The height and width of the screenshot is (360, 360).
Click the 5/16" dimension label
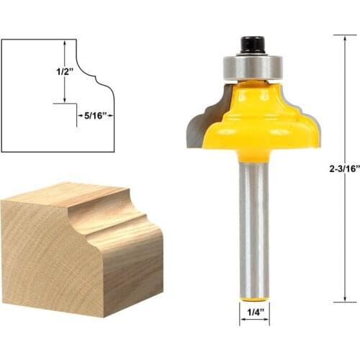tap(96, 113)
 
